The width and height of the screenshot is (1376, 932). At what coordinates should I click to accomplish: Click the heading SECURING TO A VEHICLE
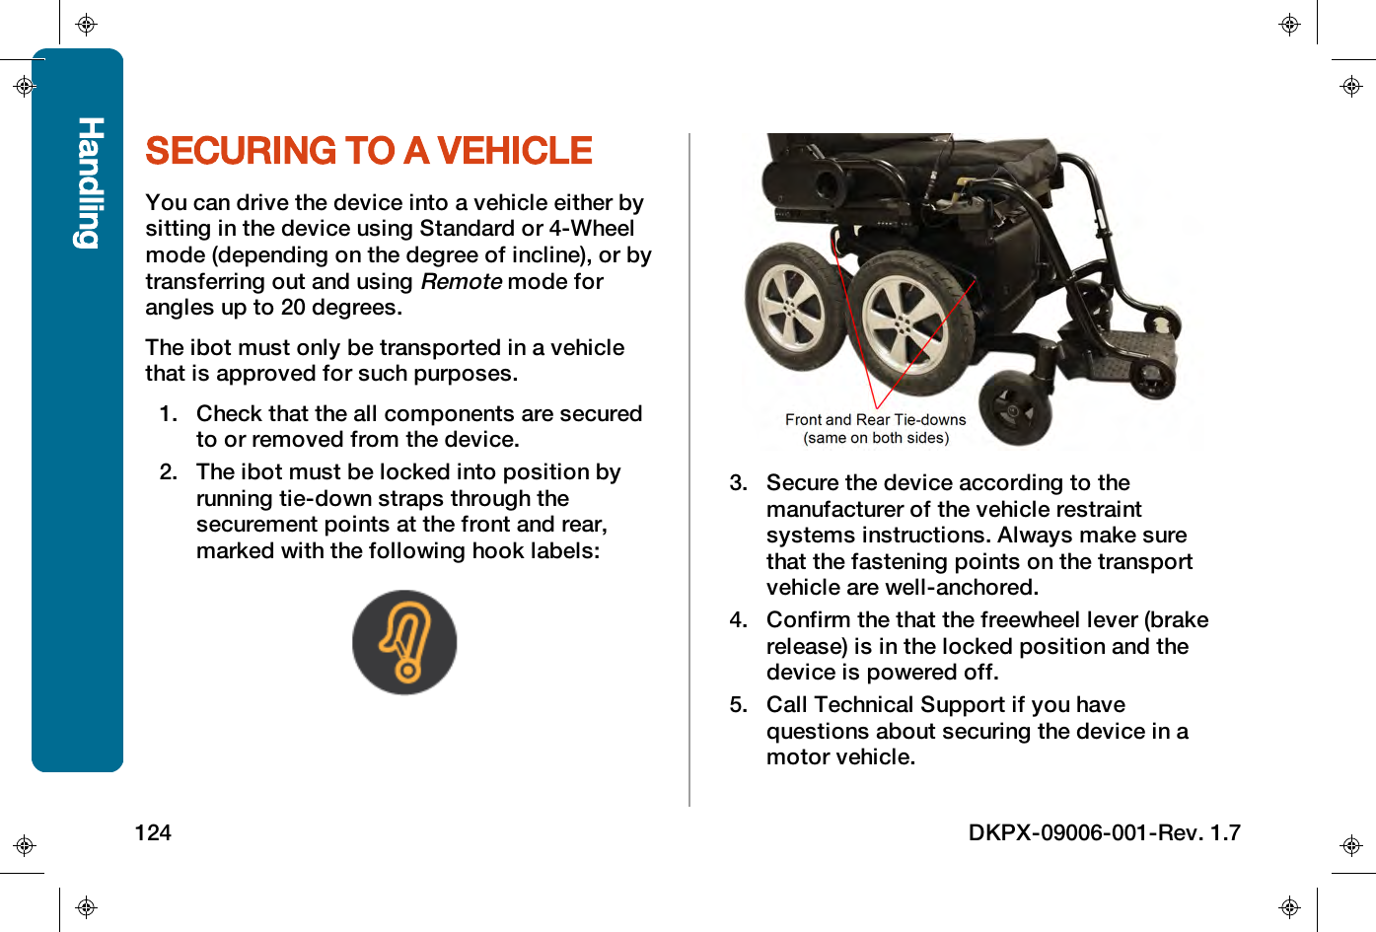pos(368,151)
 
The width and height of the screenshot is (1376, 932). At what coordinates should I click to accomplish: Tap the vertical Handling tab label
pos(89,182)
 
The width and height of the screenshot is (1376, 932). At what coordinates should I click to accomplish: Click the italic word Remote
pos(461,281)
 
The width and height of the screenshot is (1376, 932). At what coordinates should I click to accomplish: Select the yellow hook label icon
pos(404,642)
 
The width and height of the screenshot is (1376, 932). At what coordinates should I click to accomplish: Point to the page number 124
pos(153,832)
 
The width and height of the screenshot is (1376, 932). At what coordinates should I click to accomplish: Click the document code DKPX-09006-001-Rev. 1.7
pos(1104,832)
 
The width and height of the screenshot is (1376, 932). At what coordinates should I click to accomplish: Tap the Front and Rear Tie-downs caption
pos(875,420)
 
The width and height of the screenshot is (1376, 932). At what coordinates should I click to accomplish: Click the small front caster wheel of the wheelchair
pos(1014,407)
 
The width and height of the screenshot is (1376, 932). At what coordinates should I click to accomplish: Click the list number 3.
pos(738,483)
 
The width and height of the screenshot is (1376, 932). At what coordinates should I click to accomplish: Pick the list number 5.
pos(738,705)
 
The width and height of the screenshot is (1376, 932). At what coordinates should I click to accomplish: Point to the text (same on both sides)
pos(876,438)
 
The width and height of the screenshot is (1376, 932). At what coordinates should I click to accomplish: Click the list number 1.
pos(168,414)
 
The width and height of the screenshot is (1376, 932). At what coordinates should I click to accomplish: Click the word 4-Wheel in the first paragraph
pos(591,229)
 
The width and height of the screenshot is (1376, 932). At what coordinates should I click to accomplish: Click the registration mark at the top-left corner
pos(86,25)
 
